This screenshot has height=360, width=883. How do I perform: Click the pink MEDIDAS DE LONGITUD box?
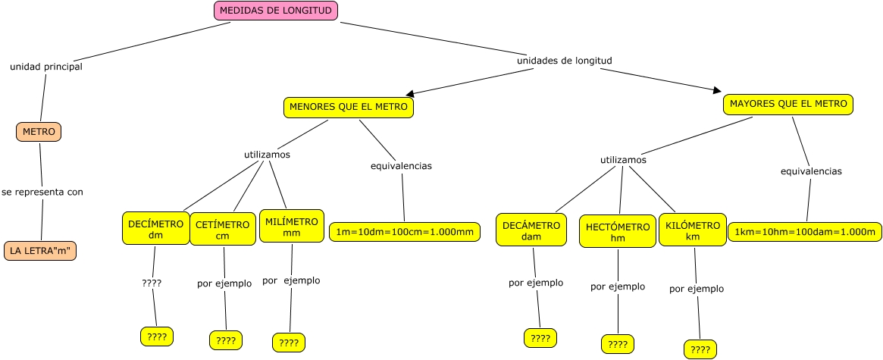point(276,11)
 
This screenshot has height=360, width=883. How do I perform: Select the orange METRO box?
point(39,132)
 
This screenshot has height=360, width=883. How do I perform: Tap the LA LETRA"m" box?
point(40,250)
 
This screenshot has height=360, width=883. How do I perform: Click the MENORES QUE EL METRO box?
point(349,108)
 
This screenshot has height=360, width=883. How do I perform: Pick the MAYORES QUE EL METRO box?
point(788,105)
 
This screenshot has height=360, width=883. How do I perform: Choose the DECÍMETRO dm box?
point(156,228)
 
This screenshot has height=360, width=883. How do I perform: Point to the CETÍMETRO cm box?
point(222,230)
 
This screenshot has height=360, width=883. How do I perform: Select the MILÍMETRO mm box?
point(292,227)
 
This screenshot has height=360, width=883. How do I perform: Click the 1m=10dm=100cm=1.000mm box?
point(405,232)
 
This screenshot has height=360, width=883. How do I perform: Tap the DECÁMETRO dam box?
point(531,230)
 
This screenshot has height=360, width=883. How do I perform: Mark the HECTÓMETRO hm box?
point(618,232)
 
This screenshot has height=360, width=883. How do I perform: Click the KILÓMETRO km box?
point(692,230)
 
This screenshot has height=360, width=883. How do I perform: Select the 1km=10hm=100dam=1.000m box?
point(805,232)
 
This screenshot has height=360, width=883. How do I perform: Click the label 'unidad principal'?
point(46,67)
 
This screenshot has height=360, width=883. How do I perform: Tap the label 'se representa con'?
point(42,192)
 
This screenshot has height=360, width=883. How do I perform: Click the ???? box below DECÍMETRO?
point(157,337)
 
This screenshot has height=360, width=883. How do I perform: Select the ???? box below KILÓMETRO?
point(700,349)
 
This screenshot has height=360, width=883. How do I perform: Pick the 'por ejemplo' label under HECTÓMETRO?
point(618,286)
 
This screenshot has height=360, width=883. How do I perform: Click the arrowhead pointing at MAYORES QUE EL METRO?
point(717,90)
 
